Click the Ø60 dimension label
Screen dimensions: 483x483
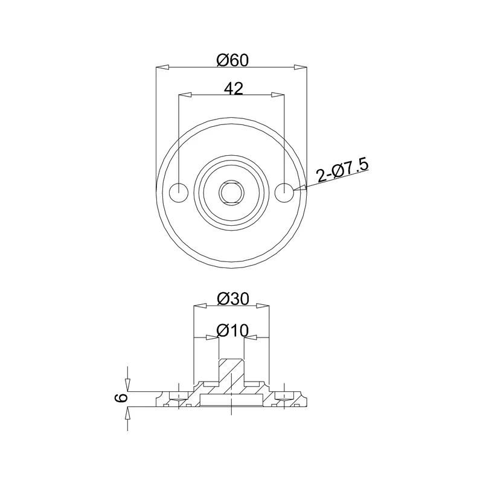[232, 60]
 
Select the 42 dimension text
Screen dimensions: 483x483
[234, 89]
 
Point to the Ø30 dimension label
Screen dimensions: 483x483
[232, 298]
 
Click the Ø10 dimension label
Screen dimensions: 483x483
[232, 331]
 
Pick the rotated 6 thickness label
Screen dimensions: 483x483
[121, 397]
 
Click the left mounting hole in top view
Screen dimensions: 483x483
[179, 193]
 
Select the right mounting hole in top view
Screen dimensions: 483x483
[284, 193]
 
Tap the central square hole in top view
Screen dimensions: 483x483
[232, 193]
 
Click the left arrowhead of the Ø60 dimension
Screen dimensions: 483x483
[162, 67]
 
